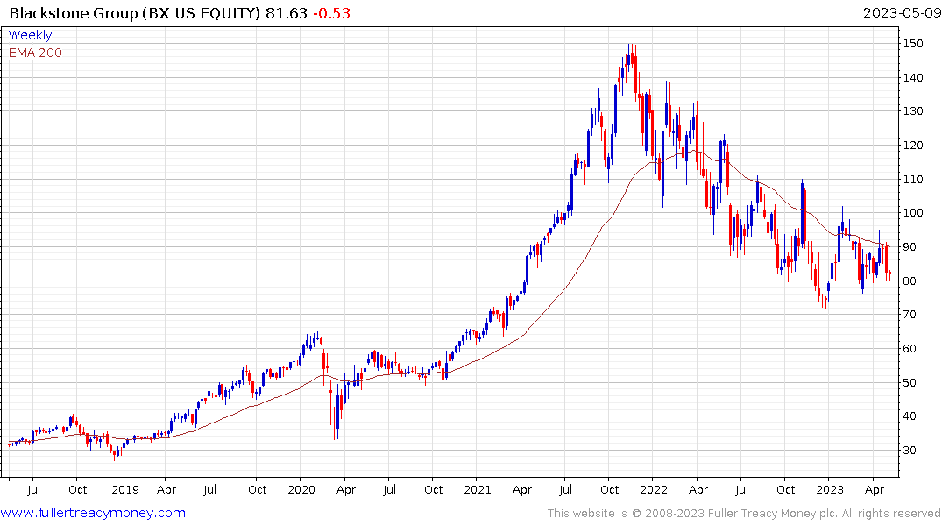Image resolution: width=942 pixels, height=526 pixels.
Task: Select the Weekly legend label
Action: [30, 35]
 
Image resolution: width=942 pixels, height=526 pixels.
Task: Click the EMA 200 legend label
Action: [35, 53]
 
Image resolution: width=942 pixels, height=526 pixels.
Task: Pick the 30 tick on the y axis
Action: [912, 451]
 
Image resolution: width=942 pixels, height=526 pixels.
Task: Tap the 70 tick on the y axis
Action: [912, 315]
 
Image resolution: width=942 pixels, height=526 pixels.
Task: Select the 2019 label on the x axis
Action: [124, 490]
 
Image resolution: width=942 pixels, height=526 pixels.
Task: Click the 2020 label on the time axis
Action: [301, 490]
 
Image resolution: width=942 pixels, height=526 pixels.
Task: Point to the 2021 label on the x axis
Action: [478, 490]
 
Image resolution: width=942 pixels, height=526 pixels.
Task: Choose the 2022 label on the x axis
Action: [654, 490]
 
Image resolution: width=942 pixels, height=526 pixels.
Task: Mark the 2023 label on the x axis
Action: [829, 490]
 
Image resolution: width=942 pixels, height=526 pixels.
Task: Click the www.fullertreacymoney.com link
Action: [94, 513]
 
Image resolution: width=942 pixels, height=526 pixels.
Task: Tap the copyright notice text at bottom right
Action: [744, 514]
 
